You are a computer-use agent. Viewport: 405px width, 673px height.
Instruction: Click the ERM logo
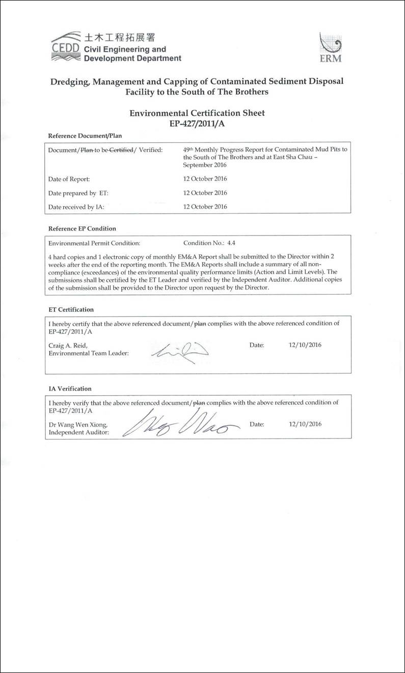point(330,47)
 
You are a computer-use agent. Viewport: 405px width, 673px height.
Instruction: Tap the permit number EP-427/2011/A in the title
point(197,123)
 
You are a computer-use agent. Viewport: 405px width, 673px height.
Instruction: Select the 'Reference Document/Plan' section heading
point(85,136)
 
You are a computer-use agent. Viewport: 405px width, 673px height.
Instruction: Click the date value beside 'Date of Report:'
point(205,179)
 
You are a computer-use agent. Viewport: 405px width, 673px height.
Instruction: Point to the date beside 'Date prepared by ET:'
point(205,193)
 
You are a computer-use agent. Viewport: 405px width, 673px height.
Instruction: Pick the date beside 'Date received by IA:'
point(205,207)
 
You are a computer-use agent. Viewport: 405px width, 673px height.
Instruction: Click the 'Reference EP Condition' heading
point(82,228)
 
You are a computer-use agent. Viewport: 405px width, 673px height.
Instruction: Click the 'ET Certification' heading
point(71,309)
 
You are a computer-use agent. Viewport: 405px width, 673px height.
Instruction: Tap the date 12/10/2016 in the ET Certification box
point(305,345)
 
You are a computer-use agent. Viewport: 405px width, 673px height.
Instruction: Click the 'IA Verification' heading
point(70,389)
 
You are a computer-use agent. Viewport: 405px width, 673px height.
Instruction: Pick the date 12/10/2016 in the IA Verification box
point(305,424)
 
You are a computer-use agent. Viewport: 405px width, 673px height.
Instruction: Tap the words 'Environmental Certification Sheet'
point(197,113)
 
